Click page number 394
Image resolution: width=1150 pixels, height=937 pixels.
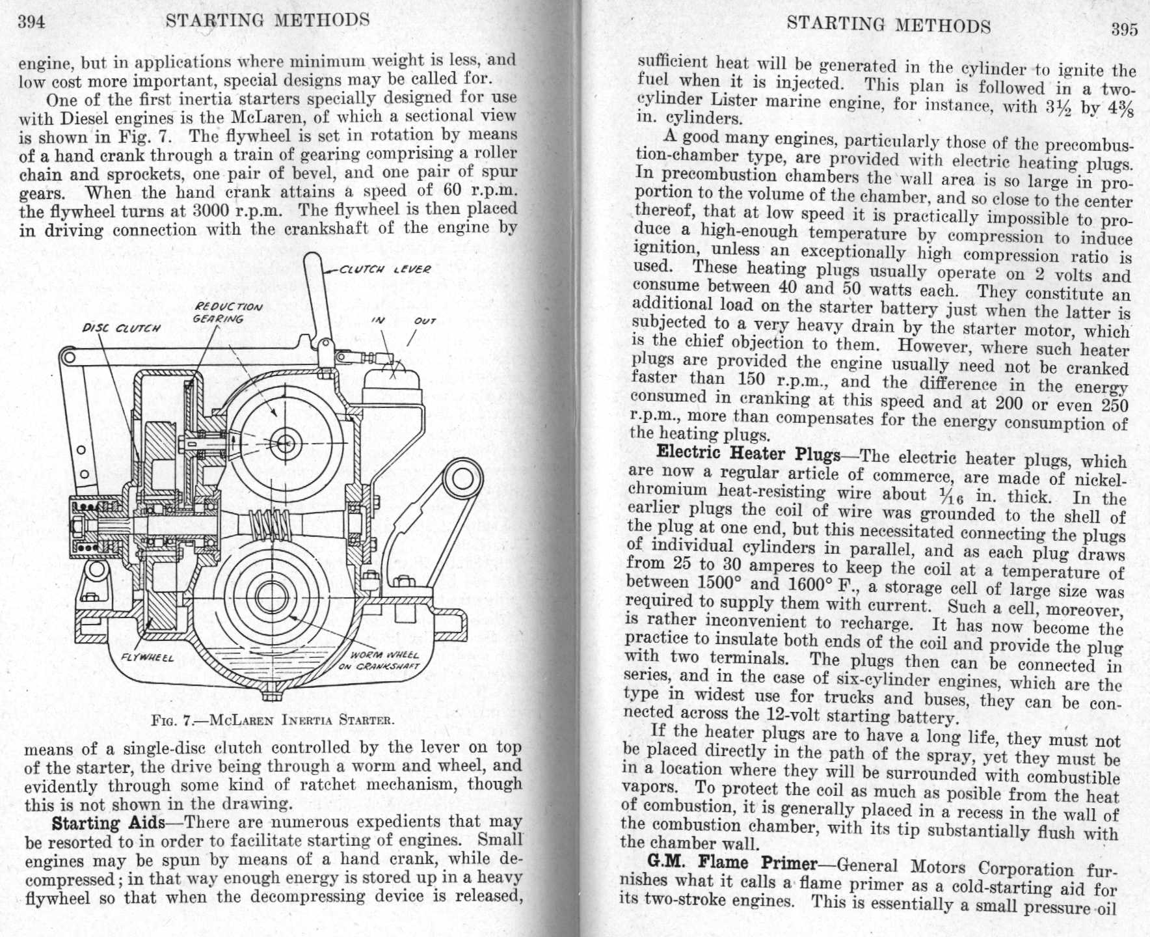coord(31,22)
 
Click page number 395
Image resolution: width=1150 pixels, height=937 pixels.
coord(1124,29)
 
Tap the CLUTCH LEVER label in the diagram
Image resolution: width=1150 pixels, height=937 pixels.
coord(385,269)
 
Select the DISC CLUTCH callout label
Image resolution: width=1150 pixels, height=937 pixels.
coord(120,329)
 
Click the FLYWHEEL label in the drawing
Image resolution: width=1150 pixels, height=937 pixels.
coord(147,657)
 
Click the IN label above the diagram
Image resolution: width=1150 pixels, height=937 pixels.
coord(378,320)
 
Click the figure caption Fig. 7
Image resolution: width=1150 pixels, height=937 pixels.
coord(272,720)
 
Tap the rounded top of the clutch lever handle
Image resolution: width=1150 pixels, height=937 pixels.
coord(313,260)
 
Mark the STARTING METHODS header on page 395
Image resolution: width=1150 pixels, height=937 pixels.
coord(888,25)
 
